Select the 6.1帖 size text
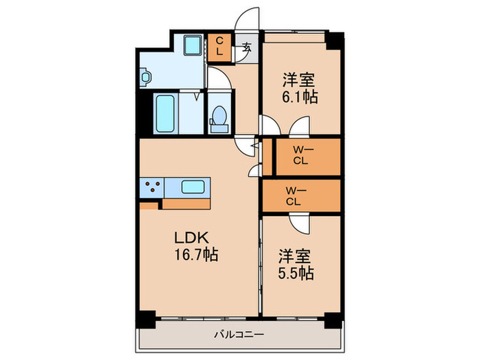[300, 97]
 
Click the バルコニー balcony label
[238, 334]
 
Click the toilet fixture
[219, 117]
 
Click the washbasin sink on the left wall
[147, 77]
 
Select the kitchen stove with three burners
[152, 187]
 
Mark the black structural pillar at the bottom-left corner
[144, 320]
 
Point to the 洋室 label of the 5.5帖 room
[295, 257]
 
